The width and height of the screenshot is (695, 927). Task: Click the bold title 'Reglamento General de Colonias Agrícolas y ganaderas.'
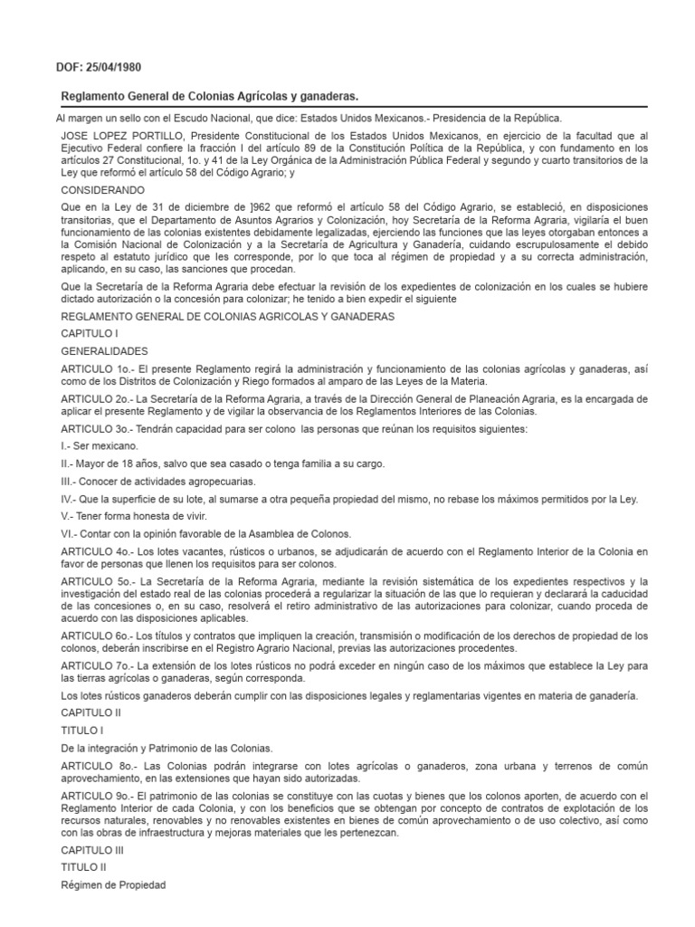click(215, 96)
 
